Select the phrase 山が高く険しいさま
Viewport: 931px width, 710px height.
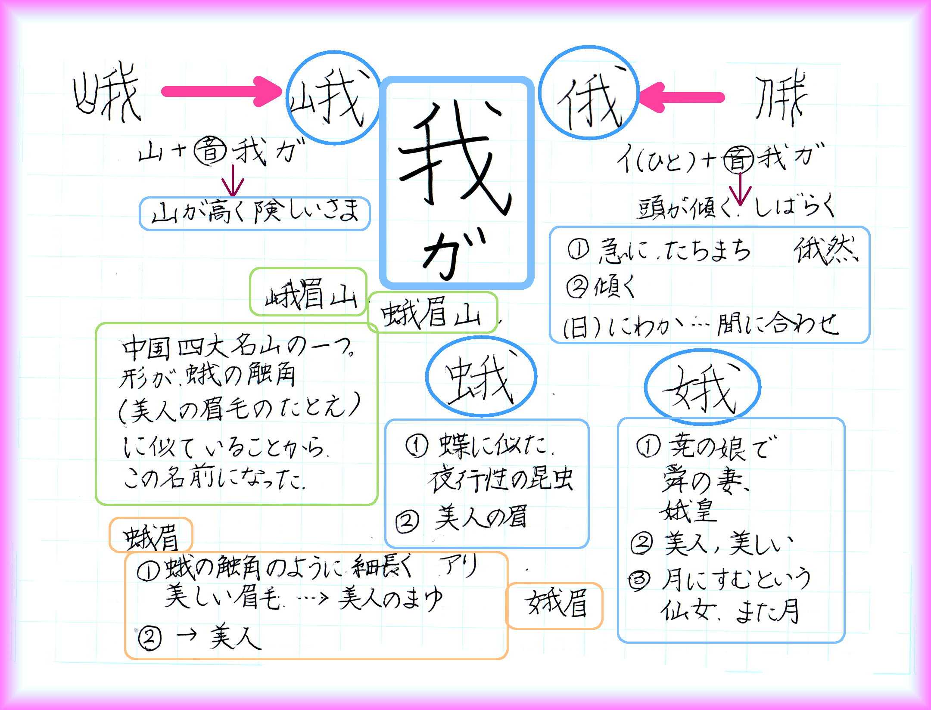(255, 213)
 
